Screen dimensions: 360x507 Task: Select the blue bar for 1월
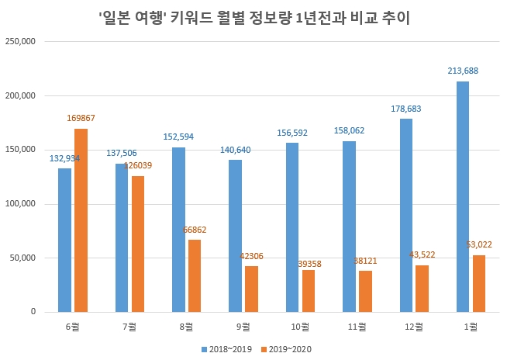coord(463,196)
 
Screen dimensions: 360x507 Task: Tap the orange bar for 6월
coord(81,220)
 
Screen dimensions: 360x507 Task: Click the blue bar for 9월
coord(235,236)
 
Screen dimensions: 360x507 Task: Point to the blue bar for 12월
coord(405,215)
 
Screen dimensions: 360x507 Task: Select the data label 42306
coord(251,257)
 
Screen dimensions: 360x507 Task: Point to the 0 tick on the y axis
coord(32,312)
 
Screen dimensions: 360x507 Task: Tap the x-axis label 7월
coord(129,327)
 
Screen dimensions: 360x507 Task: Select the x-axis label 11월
coord(357,327)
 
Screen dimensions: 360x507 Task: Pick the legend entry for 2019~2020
coord(288,348)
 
